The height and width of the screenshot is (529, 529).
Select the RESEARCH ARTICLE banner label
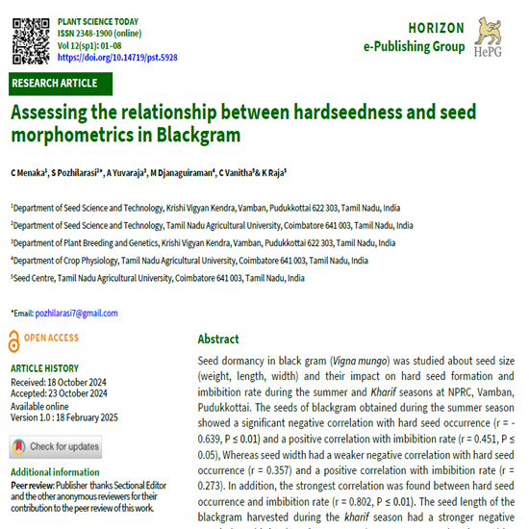coord(54,83)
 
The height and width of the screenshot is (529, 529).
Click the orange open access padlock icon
coord(13,338)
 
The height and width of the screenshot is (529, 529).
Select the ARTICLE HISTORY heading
coord(44,368)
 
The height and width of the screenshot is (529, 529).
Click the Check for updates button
coord(56,446)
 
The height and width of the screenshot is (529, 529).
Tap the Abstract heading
coord(218,339)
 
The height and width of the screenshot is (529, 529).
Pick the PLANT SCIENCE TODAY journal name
coord(98,19)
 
